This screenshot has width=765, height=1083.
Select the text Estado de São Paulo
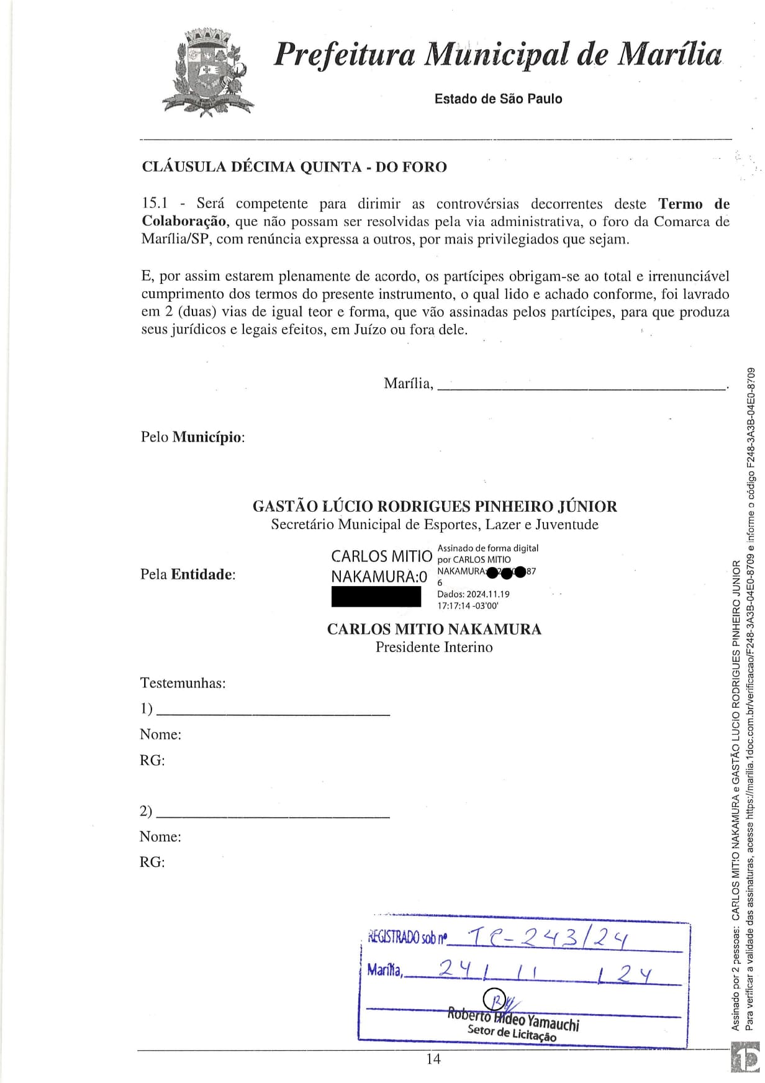[x=498, y=99]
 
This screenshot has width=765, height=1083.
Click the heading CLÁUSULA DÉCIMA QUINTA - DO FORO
[x=294, y=167]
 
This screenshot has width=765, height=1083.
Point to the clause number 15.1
[x=155, y=204]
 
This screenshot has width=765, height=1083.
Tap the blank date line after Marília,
[x=581, y=387]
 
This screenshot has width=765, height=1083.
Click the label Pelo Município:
[x=192, y=437]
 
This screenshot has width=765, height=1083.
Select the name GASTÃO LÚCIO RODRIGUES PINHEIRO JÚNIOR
[x=435, y=507]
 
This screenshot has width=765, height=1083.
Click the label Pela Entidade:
[x=188, y=574]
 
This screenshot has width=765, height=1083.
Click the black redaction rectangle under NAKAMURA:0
[x=376, y=597]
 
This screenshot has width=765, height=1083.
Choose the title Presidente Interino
[x=434, y=647]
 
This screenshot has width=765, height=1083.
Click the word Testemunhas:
[x=183, y=683]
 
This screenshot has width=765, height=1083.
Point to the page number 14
[x=433, y=1059]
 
